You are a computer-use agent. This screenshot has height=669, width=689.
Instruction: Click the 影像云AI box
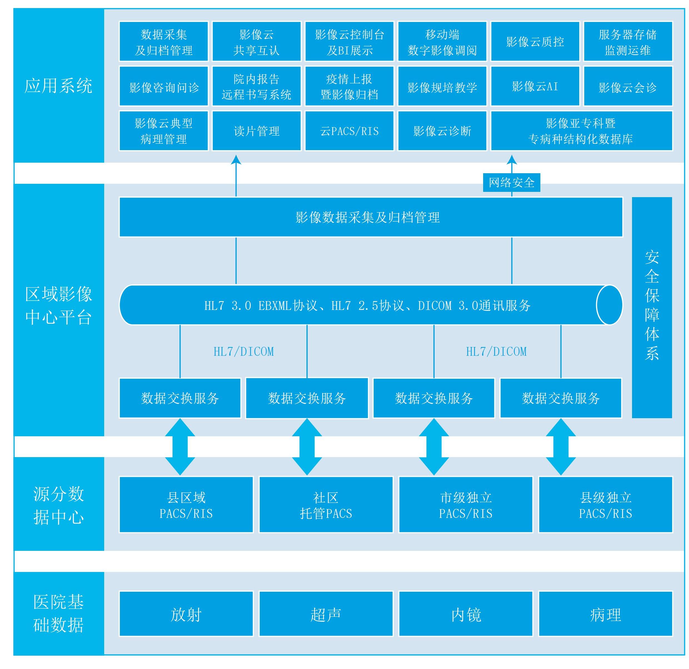coord(535,86)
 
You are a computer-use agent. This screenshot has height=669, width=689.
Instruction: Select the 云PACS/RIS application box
coord(349,131)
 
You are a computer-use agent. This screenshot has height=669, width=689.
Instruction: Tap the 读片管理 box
coord(256,131)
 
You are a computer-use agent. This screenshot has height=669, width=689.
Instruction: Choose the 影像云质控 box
coord(535,41)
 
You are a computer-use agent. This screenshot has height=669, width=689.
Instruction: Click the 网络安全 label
coord(511,182)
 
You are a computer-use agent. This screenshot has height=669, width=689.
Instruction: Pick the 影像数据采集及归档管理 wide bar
coord(371,217)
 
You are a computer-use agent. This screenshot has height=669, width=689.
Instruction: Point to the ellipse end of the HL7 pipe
coord(609,304)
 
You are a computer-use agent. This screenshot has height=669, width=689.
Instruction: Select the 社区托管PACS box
coord(326,505)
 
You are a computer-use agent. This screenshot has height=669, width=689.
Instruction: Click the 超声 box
coord(326,615)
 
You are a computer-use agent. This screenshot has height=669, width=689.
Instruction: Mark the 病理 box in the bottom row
coord(605,615)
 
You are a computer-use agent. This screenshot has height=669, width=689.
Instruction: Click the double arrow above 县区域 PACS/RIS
coord(180,447)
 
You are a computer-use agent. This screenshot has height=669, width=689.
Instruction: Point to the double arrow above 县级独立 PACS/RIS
coord(561,447)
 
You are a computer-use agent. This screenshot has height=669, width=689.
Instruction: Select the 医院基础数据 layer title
coord(58,613)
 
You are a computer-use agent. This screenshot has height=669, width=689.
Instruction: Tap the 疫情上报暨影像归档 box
coord(349,86)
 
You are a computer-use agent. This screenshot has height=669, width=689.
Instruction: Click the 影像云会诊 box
coord(628,86)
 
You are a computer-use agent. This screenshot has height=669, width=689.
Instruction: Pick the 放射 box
coord(186,615)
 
